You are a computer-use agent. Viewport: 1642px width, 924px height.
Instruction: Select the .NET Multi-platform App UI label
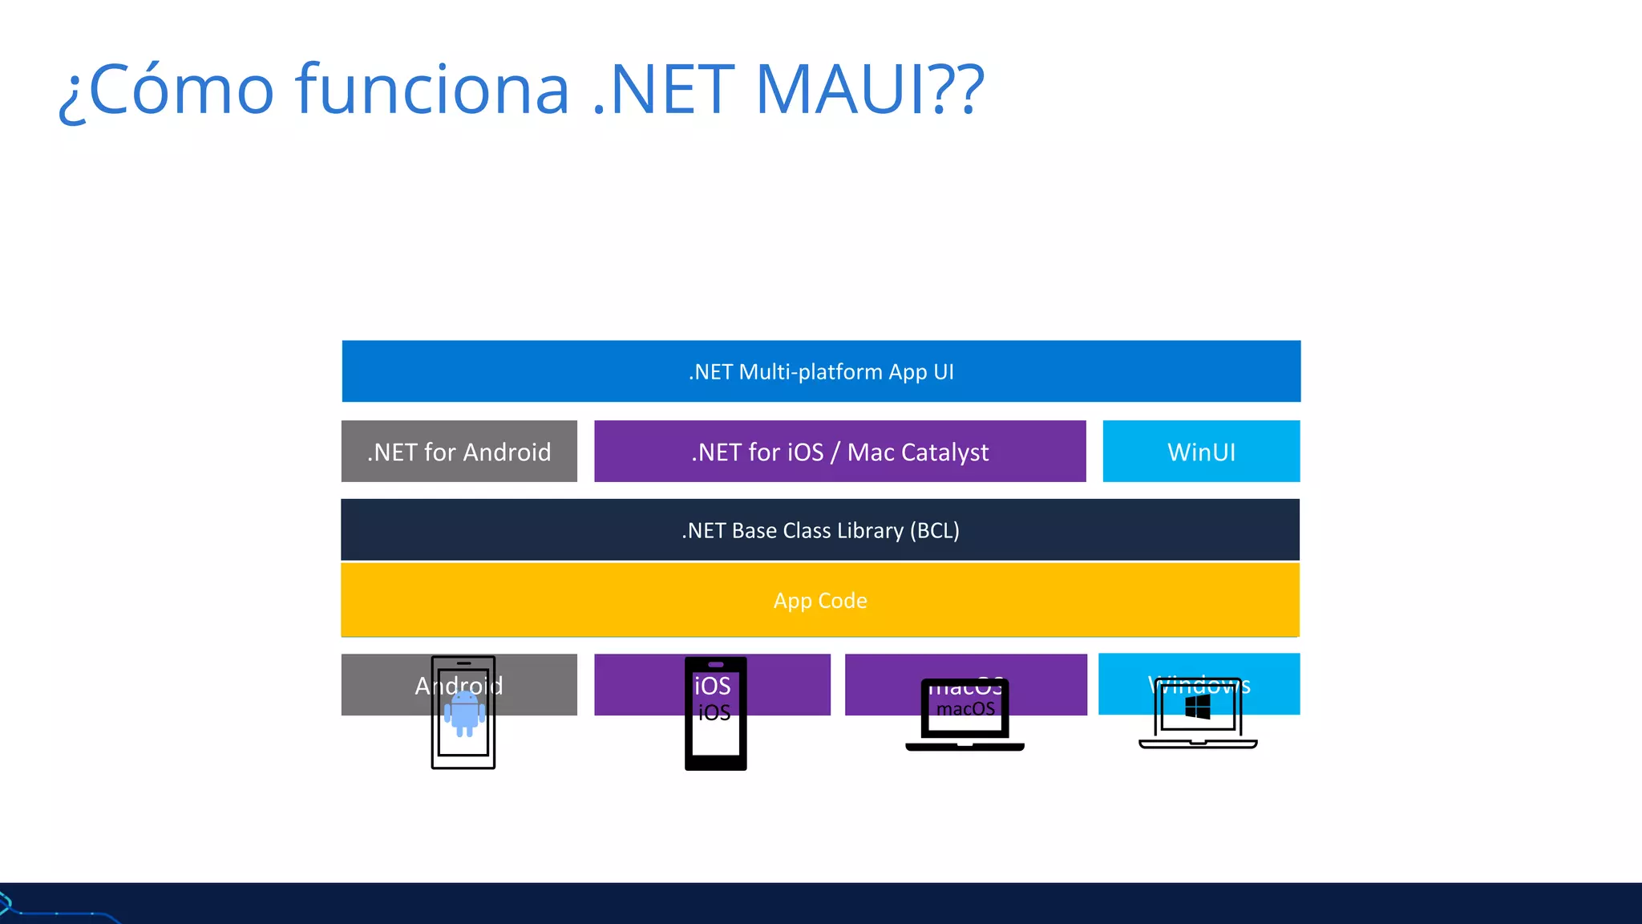(821, 372)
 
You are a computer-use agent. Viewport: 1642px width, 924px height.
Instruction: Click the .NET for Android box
(459, 452)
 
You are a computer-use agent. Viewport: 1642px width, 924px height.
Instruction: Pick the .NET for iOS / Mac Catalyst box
(839, 452)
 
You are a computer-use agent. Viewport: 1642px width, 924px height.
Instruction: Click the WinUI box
(1201, 452)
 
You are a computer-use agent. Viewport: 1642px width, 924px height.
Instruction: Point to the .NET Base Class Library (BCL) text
(820, 530)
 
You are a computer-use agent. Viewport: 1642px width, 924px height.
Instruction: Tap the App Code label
(820, 601)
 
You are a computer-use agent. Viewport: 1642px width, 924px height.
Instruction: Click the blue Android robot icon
(464, 713)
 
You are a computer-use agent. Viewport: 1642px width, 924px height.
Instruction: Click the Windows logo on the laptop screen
(1198, 707)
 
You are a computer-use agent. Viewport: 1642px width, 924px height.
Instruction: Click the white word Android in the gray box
(459, 686)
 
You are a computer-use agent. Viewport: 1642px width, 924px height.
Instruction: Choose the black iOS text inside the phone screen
(714, 713)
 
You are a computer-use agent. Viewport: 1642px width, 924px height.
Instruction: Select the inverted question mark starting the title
(72, 96)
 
